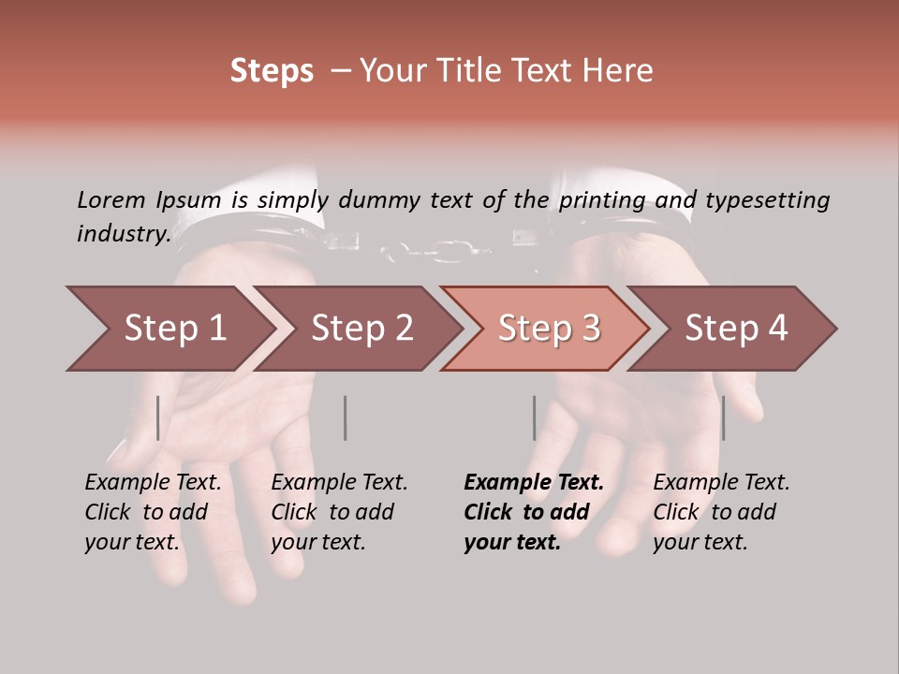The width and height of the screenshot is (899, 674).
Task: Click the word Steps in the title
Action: [x=272, y=71]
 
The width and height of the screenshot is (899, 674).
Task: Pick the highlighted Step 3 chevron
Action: [x=549, y=329]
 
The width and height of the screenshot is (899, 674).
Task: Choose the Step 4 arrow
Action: [x=736, y=329]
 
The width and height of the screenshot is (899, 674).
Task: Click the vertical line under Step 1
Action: [x=158, y=418]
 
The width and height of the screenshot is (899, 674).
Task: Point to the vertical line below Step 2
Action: [x=346, y=418]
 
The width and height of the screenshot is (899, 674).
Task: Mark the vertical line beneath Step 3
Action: [x=534, y=418]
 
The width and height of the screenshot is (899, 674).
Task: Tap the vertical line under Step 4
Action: [x=723, y=418]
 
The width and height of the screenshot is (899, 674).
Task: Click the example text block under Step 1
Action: [x=153, y=512]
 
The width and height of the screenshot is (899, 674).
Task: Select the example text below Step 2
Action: [x=339, y=512]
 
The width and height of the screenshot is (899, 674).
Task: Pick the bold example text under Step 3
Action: [x=534, y=512]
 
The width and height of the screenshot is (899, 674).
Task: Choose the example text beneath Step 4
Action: [x=721, y=512]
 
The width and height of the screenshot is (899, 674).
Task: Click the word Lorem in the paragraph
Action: [x=111, y=199]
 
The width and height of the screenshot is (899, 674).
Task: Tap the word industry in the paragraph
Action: [x=123, y=234]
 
